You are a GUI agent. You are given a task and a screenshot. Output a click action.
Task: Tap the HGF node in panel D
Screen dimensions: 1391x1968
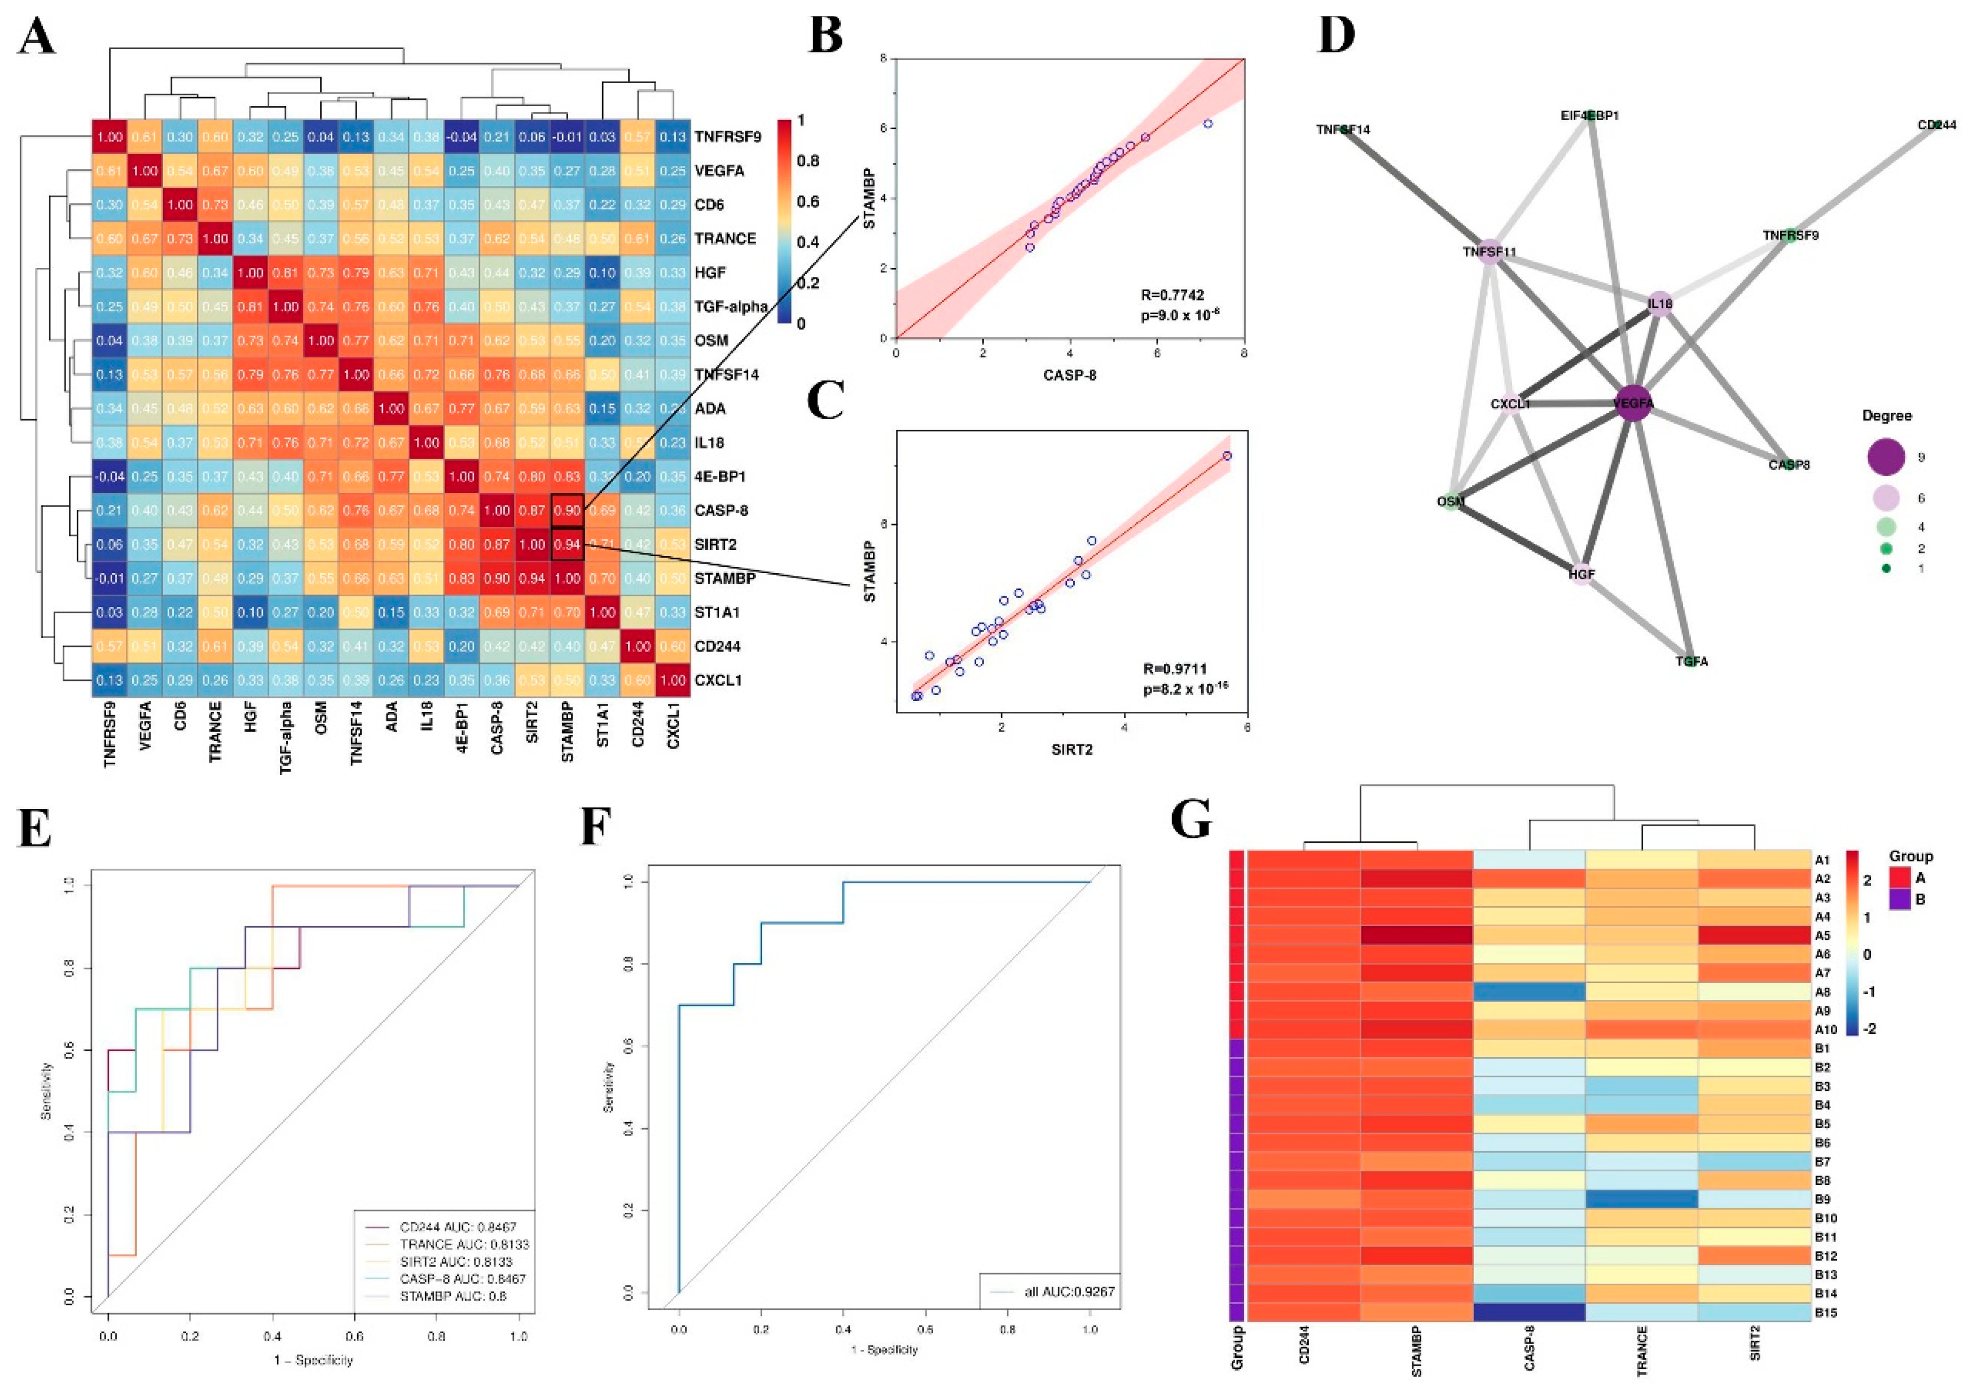[1582, 574]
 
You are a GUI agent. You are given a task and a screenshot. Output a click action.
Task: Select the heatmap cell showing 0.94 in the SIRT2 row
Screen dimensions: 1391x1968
[568, 544]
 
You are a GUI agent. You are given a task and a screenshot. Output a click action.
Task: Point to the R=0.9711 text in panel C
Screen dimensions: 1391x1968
[1174, 668]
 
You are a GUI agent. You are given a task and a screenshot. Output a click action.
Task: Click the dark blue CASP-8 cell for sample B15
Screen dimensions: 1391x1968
[1529, 1312]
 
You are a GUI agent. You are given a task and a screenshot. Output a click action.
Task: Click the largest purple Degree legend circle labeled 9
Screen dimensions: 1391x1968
[1886, 457]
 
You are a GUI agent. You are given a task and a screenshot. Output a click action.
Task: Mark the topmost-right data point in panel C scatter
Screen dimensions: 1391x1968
[1227, 456]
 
